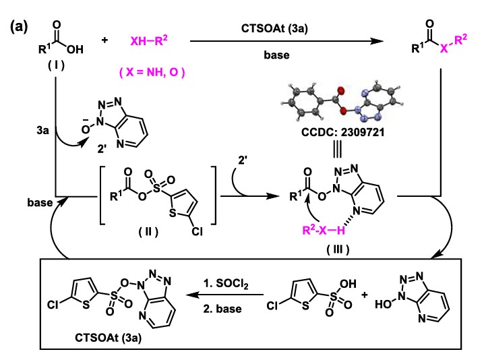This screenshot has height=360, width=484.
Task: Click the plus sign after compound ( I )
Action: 104,41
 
